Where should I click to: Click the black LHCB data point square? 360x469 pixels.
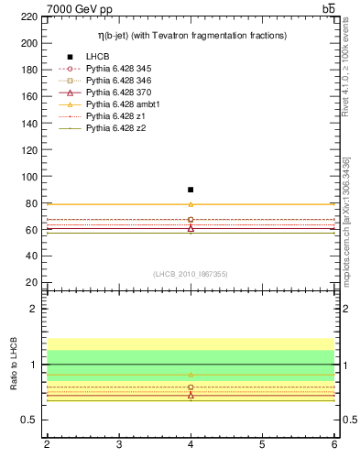[x=191, y=190]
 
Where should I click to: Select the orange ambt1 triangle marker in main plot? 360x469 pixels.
[x=191, y=204]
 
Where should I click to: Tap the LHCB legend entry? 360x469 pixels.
[x=98, y=57]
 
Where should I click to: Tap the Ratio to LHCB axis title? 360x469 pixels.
[x=13, y=365]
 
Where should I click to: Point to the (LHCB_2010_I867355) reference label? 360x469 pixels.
[x=191, y=274]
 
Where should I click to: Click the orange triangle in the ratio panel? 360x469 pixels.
[x=191, y=375]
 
